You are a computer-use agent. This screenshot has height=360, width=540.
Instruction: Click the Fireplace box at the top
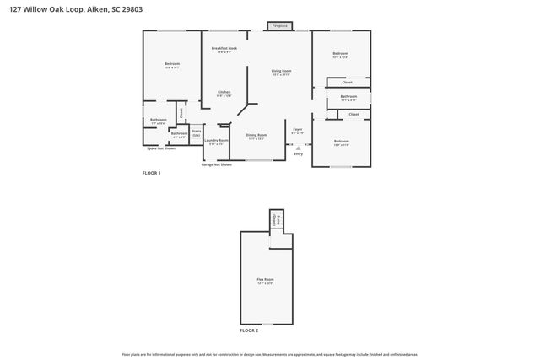coord(280,26)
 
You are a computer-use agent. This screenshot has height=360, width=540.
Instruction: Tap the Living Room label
coord(281,72)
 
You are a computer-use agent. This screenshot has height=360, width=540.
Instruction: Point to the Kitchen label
coord(224,93)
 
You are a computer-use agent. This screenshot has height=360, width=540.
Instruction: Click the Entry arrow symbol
coord(298,148)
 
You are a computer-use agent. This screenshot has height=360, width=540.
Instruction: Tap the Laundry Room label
coord(218,142)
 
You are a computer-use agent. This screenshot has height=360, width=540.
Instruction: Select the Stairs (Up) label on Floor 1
coord(196,132)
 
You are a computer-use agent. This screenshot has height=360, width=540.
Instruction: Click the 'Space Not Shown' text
coord(161,148)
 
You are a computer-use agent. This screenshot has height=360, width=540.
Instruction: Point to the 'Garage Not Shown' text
coord(216,164)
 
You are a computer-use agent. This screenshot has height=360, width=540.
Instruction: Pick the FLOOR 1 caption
coord(151,173)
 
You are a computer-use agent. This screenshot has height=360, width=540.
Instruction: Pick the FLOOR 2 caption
coord(249,330)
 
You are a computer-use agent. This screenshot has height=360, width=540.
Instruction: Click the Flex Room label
coord(265,281)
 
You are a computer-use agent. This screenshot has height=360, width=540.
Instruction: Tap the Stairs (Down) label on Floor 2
coord(276,220)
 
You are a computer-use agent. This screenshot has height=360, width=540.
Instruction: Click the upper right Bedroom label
coord(341,55)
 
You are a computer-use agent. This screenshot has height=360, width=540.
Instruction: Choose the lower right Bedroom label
coord(341,142)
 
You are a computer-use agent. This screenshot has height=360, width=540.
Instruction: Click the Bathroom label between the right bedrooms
coord(348,98)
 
